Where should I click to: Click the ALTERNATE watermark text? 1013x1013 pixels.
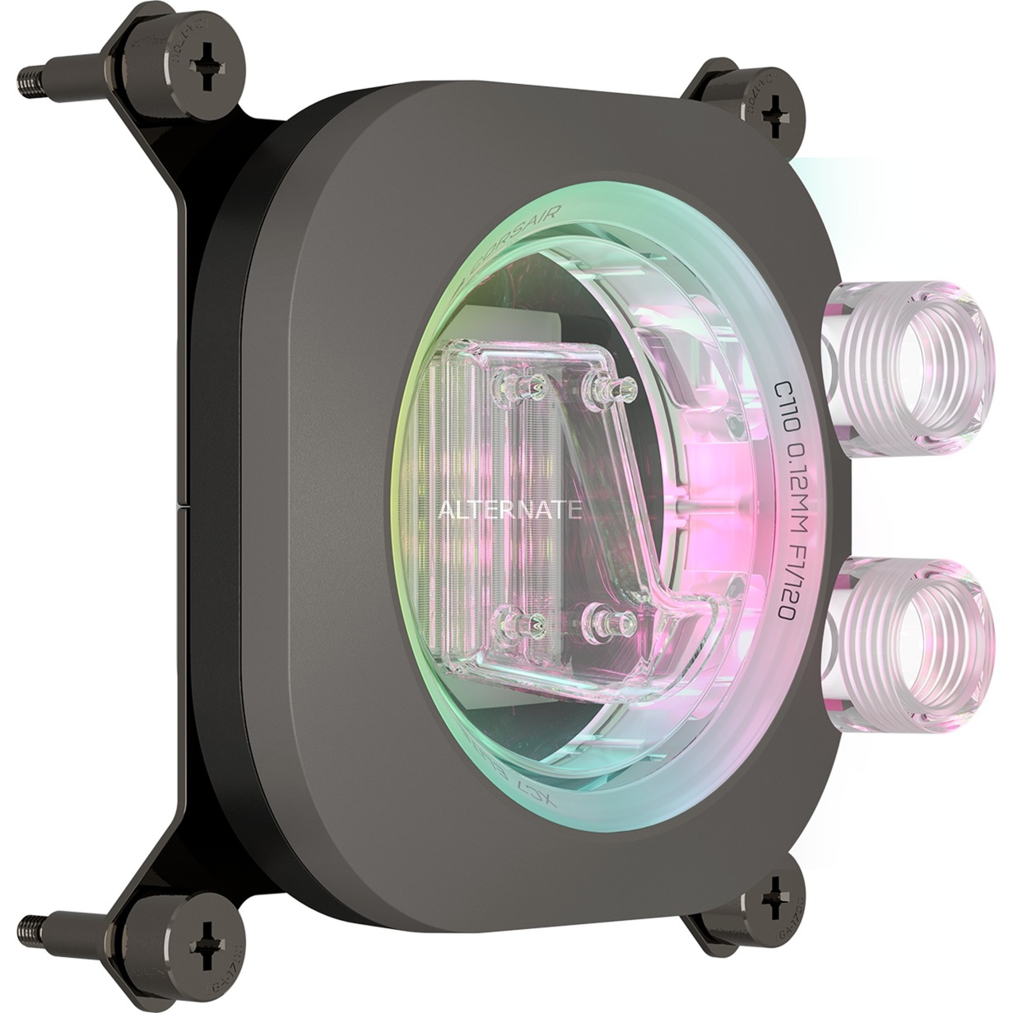[x=510, y=510]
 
